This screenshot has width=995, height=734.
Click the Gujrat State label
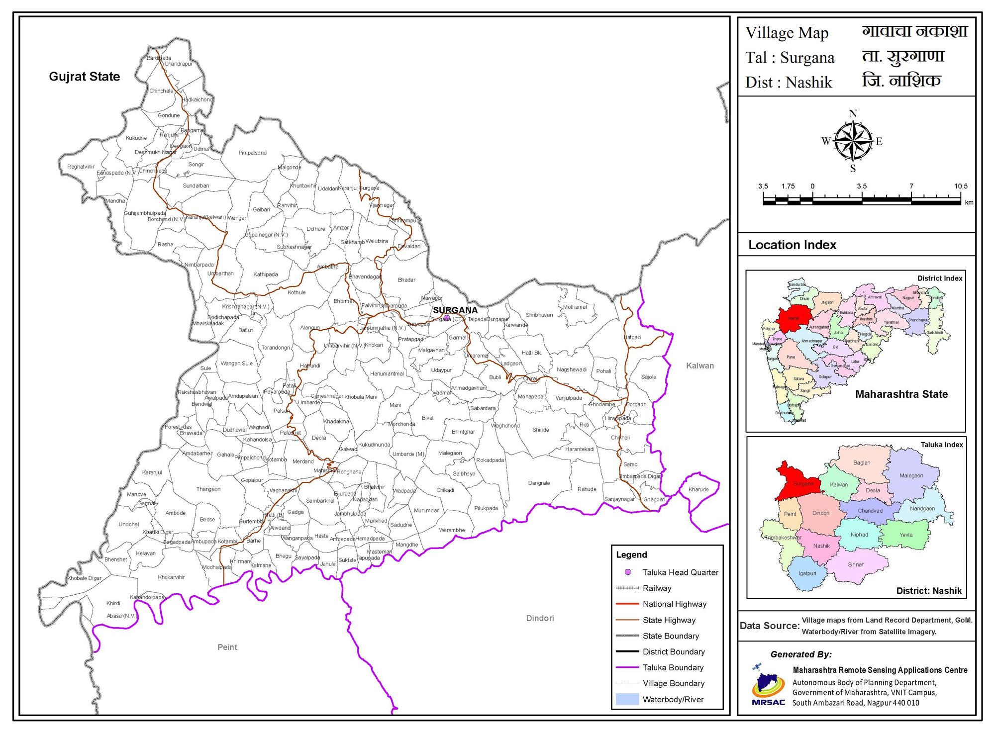point(84,77)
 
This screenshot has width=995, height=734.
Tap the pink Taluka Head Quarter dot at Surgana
point(446,317)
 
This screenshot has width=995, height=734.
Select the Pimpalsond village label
point(252,153)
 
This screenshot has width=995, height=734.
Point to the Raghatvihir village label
point(81,167)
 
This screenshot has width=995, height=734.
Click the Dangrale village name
point(539,483)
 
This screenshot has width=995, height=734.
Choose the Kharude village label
point(698,489)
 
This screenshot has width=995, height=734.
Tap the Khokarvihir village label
point(171,577)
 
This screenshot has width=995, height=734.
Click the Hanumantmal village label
point(387,373)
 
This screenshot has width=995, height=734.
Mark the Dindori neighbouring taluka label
point(540,618)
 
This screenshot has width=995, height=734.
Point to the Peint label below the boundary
point(227,647)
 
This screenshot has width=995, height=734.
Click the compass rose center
point(853,142)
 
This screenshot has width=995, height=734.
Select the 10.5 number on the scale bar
point(960,186)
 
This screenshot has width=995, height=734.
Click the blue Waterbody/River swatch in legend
point(627,699)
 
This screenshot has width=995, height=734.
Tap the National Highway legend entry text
point(674,604)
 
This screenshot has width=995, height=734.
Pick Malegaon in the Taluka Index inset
point(911,475)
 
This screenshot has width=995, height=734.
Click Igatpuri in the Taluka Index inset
point(807,573)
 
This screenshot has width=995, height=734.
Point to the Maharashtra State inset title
point(901,394)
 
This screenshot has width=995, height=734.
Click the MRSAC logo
point(768,687)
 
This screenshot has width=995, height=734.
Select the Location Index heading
point(792,245)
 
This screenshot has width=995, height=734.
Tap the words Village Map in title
point(787,33)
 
